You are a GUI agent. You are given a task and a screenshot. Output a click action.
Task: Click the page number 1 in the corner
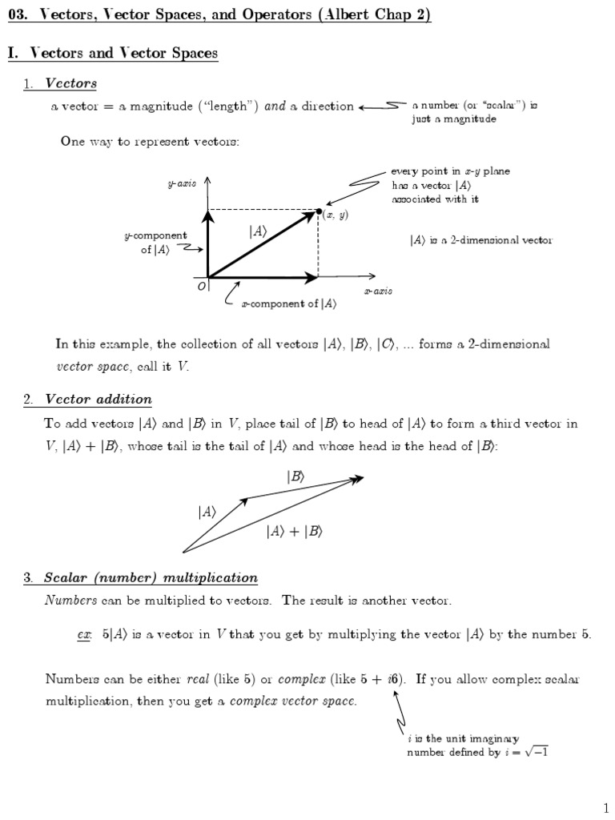(x=606, y=803)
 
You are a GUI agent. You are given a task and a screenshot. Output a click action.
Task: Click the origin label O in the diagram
(x=202, y=287)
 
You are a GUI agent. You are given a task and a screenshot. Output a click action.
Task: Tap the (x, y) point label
(x=336, y=215)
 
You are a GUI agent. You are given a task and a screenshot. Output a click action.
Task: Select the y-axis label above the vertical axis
(x=182, y=183)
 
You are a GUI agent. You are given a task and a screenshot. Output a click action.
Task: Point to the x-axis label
(x=378, y=291)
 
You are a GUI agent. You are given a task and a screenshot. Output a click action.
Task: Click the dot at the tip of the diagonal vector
(x=319, y=210)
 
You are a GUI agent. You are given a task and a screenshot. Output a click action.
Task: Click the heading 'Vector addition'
(x=98, y=399)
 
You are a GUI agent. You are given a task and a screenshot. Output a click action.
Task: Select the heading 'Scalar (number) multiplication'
(x=151, y=577)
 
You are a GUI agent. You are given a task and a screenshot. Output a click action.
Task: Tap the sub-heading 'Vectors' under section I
(x=71, y=82)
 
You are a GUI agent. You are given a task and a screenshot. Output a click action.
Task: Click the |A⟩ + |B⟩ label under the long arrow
(x=294, y=531)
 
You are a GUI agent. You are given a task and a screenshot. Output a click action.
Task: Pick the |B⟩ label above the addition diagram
(x=295, y=476)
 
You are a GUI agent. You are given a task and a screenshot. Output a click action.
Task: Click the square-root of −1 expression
(x=533, y=752)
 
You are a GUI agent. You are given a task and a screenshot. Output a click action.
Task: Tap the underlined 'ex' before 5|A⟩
(x=84, y=634)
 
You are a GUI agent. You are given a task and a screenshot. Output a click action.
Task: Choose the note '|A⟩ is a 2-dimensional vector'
(x=480, y=239)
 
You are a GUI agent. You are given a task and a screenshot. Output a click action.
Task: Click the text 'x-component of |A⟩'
(x=288, y=303)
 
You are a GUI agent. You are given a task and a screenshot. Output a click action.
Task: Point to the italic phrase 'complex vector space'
(x=292, y=702)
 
